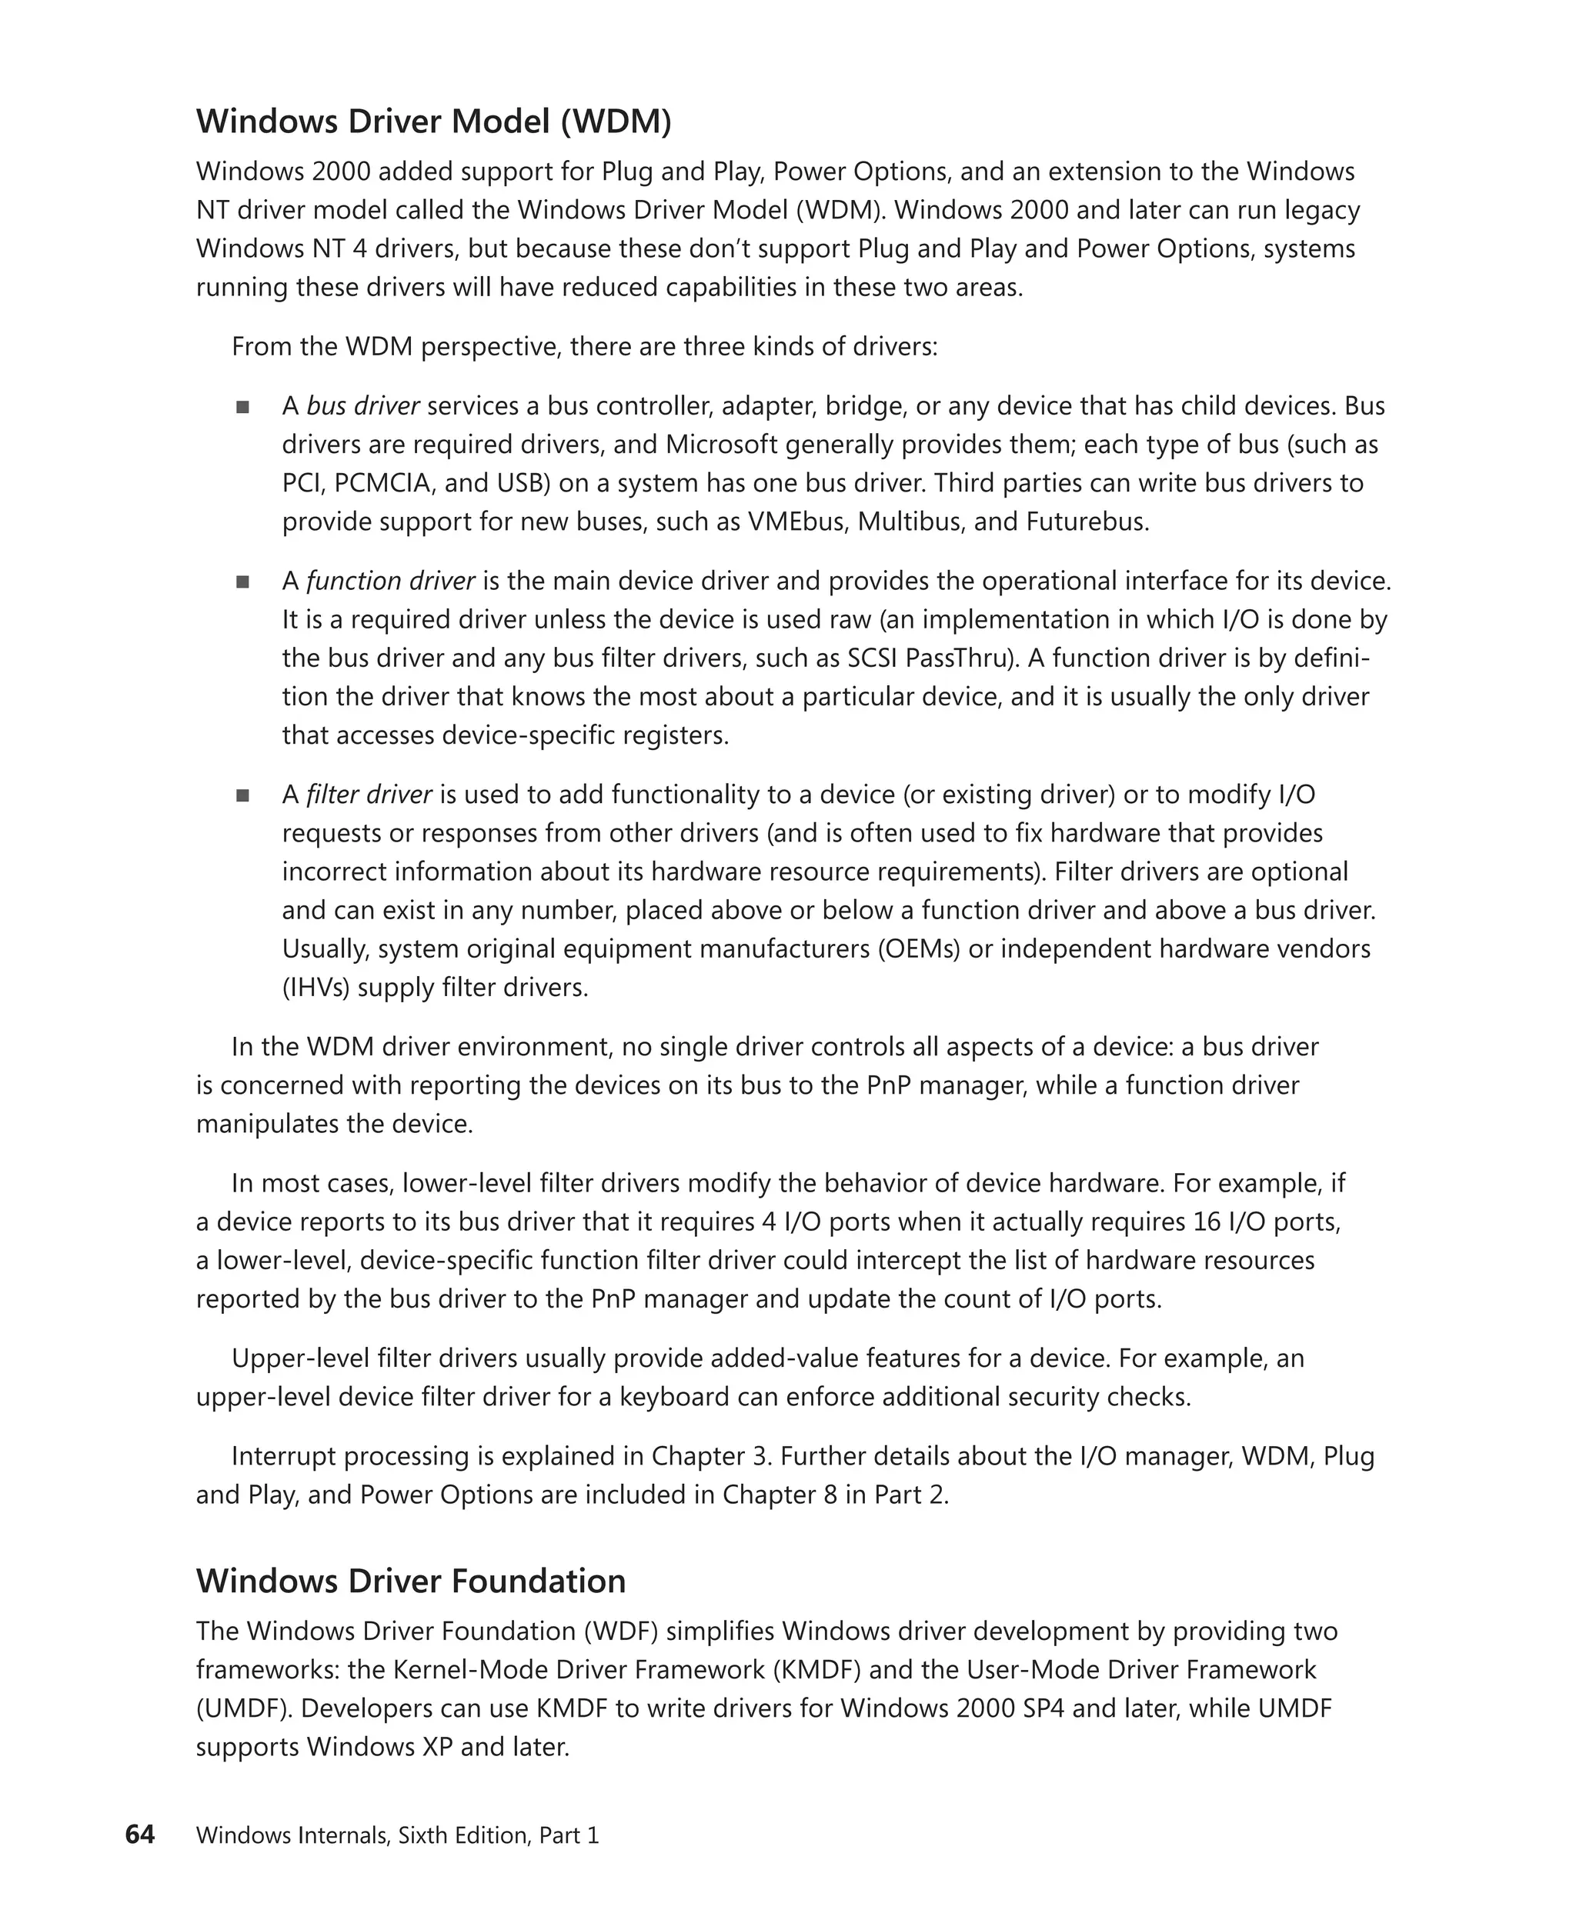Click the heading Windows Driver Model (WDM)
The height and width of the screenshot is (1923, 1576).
(433, 122)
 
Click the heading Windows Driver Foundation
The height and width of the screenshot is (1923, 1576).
(410, 1581)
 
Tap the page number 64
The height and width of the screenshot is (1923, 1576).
(140, 1835)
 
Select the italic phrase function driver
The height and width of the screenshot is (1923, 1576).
(390, 581)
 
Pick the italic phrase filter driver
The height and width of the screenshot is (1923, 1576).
(369, 795)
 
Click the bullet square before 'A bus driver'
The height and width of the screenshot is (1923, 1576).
(242, 408)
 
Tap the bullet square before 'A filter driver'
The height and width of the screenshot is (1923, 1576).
(242, 796)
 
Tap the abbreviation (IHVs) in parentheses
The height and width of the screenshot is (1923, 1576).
(316, 988)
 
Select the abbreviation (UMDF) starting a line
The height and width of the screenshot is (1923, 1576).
(243, 1709)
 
